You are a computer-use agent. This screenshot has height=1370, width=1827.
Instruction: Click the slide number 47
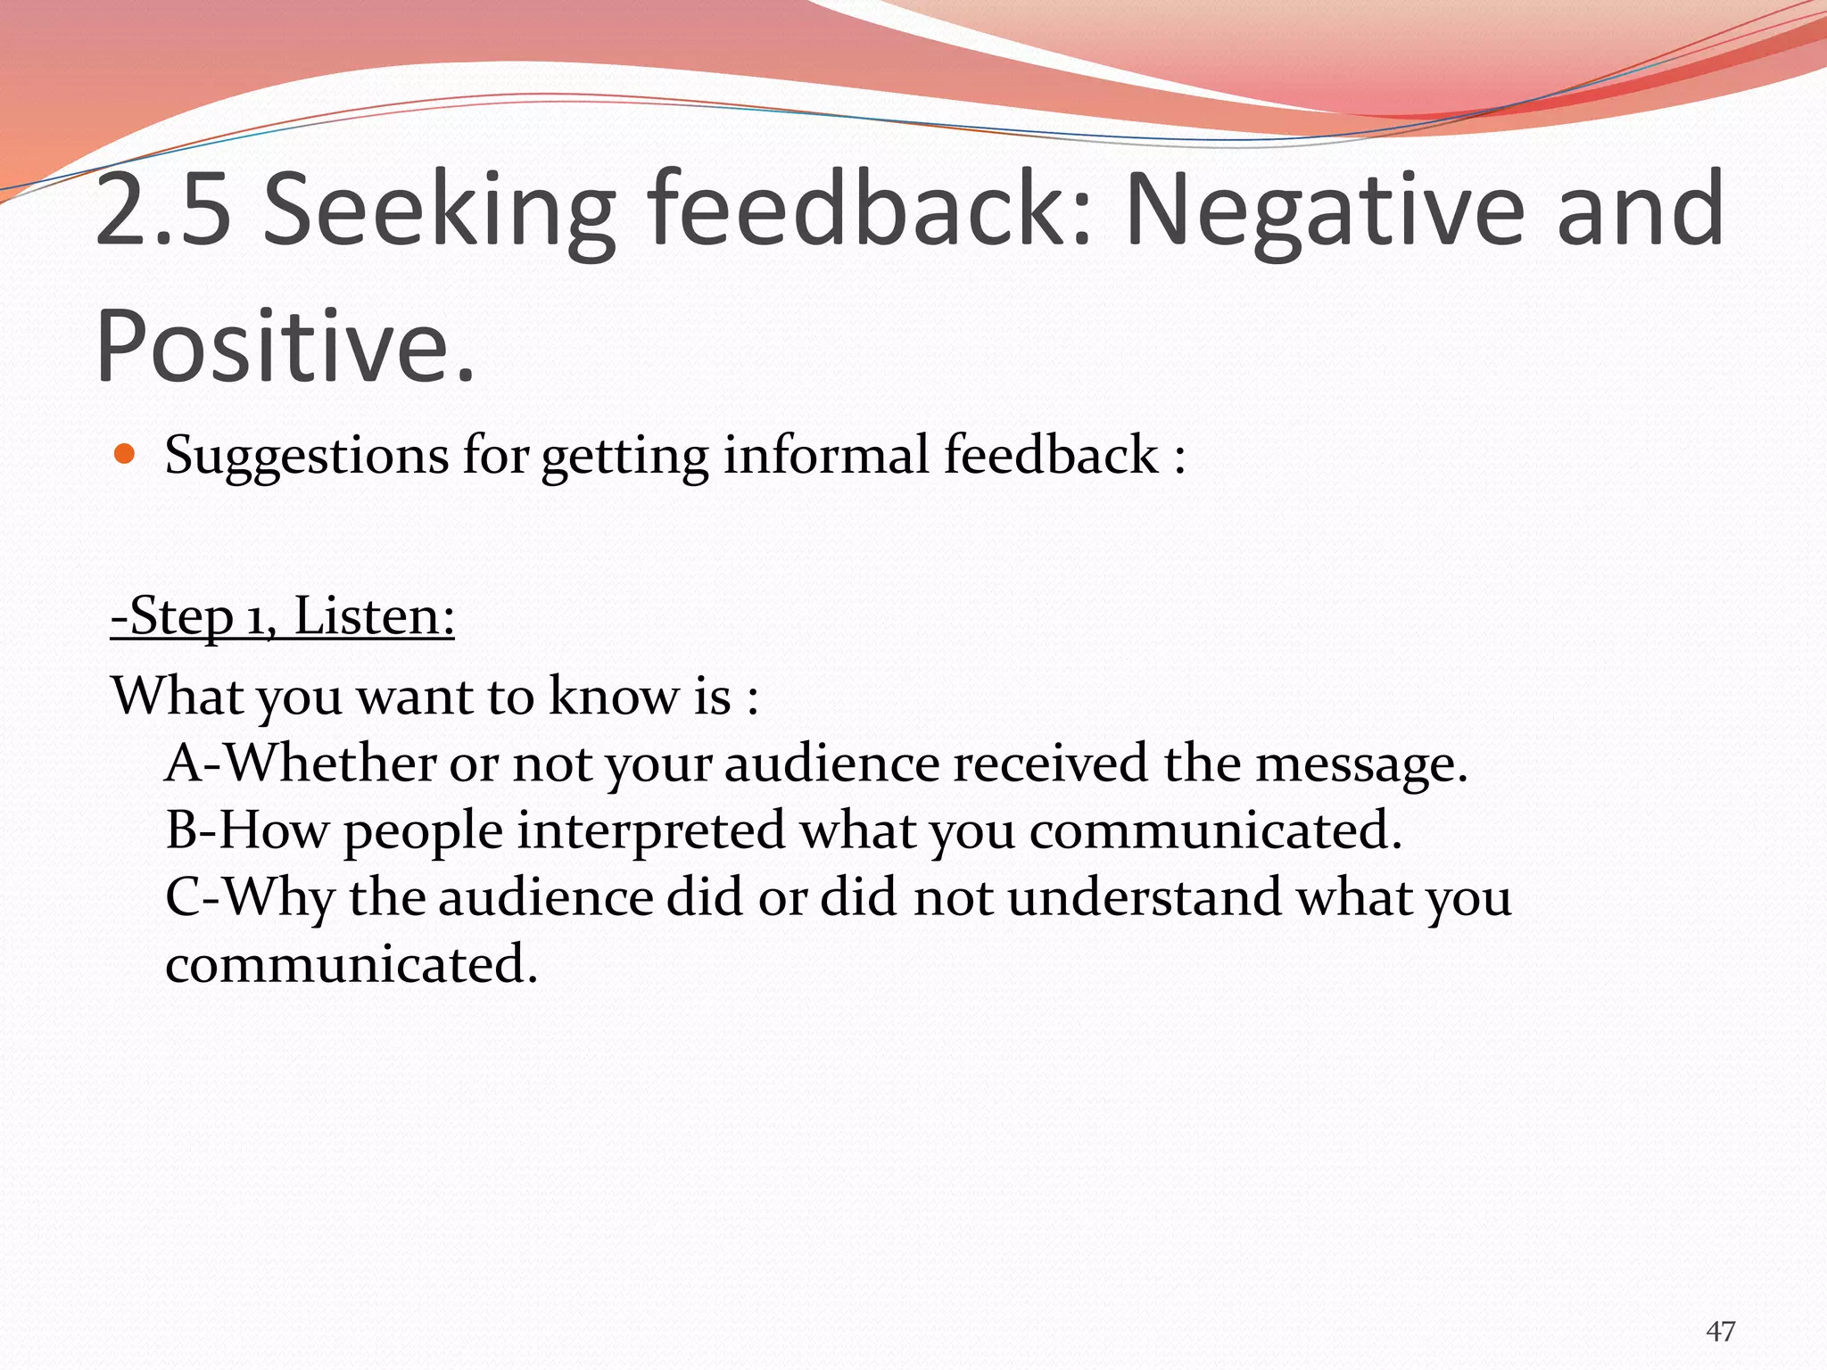[x=1720, y=1332]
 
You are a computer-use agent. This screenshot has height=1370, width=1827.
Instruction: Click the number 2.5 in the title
[x=163, y=210]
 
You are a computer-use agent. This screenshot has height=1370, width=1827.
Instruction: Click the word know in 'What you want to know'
[x=614, y=696]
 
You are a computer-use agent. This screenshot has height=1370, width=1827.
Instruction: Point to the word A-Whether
[x=301, y=763]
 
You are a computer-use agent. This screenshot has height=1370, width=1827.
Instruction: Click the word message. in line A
[x=1361, y=765]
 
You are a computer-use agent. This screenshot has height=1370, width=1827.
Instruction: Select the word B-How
[x=247, y=830]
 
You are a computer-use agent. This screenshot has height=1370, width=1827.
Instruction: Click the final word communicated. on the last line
[x=351, y=965]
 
